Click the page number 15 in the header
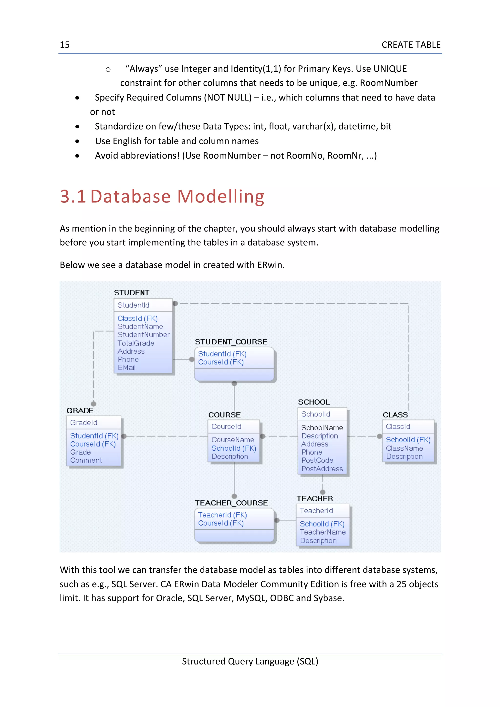coord(65,45)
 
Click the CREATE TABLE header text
coord(411,45)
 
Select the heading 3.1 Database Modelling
coord(162,196)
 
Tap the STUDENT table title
coord(132,293)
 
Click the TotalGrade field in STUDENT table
coord(136,343)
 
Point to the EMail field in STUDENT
coord(127,367)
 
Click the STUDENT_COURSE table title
coord(231,342)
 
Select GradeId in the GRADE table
coord(84,423)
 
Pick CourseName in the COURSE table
coord(233,440)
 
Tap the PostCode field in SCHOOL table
coord(317,460)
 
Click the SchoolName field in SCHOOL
coord(322,428)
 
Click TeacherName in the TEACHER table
coord(323,532)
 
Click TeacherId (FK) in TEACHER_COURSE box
coord(222,515)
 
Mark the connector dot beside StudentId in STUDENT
coord(175,304)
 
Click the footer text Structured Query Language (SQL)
coord(250,661)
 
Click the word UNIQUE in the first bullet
coord(390,69)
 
